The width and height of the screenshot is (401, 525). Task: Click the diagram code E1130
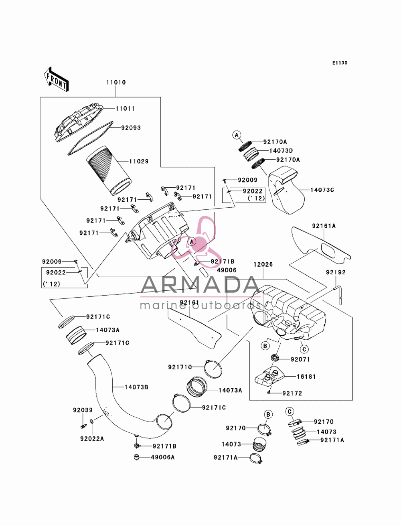(x=340, y=63)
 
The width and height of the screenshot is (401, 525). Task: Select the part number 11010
(x=116, y=82)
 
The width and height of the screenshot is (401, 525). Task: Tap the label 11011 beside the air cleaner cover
(x=125, y=109)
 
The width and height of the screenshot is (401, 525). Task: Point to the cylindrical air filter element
(x=109, y=170)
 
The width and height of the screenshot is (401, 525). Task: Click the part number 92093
(x=131, y=128)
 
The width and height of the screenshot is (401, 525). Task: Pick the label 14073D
(x=281, y=151)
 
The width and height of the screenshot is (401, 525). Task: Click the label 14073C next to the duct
(x=322, y=190)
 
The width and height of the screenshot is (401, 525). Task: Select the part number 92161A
(x=324, y=226)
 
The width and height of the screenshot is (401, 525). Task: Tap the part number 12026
(x=263, y=264)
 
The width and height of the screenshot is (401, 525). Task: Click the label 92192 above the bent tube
(x=336, y=272)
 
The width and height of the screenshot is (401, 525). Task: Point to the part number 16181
(x=306, y=377)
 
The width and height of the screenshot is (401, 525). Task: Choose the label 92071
(x=300, y=359)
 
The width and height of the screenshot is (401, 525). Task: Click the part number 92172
(x=292, y=393)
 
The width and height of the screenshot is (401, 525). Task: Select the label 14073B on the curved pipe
(x=136, y=387)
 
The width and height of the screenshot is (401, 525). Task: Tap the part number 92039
(x=83, y=410)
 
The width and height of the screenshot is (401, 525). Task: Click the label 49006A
(x=162, y=457)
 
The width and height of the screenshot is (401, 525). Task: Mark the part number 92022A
(x=92, y=439)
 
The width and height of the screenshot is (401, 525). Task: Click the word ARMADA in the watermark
(x=200, y=285)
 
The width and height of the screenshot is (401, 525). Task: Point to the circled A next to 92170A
(x=237, y=135)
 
